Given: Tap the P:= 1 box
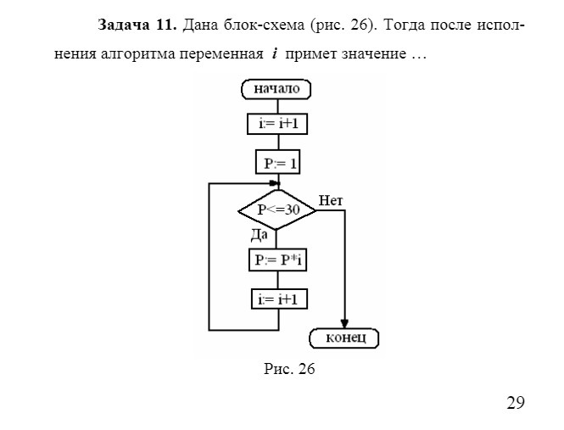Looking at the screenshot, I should coord(277,161).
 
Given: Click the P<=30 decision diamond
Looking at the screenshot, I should coord(277,209).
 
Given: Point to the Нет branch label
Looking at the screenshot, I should coord(331,200).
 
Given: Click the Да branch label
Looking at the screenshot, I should coord(260,234).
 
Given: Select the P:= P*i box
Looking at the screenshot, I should coord(277,260).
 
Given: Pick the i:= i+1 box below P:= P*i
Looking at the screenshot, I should coord(277,299).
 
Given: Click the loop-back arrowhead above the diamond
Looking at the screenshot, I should coord(274,182).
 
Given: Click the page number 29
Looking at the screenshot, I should coord(516,402).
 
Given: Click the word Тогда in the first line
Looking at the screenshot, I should coord(410,24).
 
